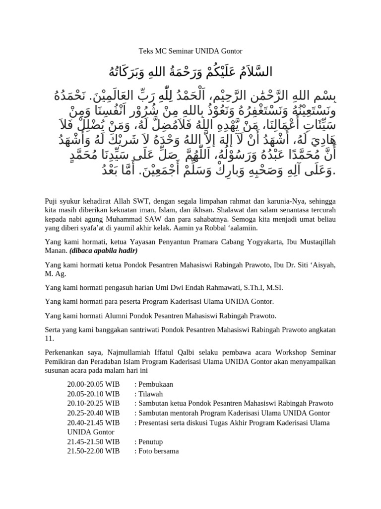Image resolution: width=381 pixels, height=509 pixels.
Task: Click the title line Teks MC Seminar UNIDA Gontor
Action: (x=190, y=51)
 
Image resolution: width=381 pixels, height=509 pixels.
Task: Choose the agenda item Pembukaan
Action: (x=155, y=384)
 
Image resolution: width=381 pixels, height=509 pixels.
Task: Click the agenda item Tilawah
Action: (x=150, y=394)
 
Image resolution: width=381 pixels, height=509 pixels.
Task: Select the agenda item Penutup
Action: (x=150, y=441)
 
